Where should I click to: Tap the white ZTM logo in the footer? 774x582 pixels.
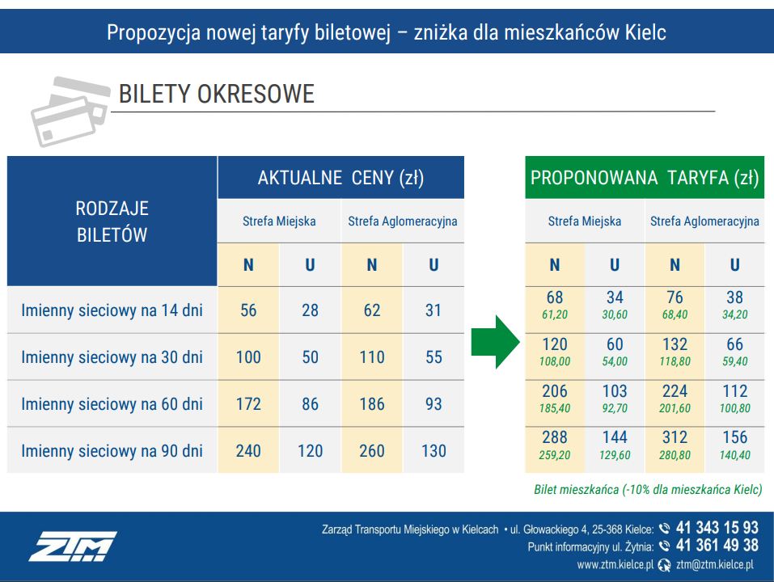pos(73,546)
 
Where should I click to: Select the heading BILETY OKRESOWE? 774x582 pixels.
pos(216,95)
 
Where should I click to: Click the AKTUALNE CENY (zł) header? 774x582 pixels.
pos(340,178)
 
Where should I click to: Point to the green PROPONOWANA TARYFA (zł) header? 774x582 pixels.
pos(644,178)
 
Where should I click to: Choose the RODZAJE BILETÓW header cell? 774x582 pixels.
pos(112,221)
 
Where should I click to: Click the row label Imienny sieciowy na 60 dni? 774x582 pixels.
pos(112,404)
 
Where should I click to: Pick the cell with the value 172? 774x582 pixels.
pos(248,404)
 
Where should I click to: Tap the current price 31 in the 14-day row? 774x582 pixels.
pos(434,310)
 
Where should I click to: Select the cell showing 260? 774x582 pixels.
pos(372,451)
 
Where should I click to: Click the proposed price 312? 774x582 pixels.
pos(675,437)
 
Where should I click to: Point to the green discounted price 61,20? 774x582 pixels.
pos(555,315)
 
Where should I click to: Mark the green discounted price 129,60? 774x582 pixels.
pos(615,456)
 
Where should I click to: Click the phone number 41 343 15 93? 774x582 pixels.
pos(717,528)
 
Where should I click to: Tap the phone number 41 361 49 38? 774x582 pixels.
pos(717,546)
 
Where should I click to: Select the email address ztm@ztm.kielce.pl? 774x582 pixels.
pos(715,565)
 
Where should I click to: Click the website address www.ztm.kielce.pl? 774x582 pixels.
pos(615,565)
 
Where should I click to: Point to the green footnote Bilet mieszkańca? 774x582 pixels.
pos(647,489)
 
